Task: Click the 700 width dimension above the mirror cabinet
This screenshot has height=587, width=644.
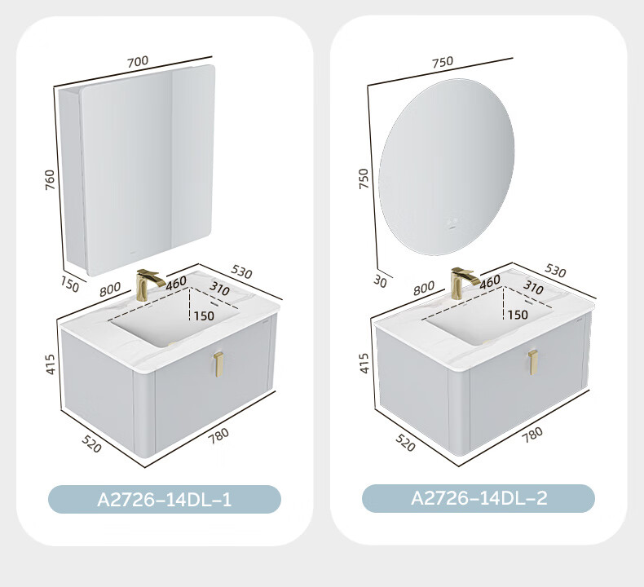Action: coord(138,62)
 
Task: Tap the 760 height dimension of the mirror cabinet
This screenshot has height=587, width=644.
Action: coord(49,180)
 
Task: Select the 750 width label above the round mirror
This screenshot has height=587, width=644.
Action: coord(443,62)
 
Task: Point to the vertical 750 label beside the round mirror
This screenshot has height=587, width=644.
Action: coord(364,179)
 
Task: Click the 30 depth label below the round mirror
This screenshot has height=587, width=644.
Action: coord(381,281)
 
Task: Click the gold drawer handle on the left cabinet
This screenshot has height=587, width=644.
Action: coord(218,364)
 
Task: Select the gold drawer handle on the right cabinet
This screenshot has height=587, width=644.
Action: coord(532,362)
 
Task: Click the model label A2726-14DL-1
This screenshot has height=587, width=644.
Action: coord(165,500)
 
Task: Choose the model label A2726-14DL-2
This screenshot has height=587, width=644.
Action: coord(479,498)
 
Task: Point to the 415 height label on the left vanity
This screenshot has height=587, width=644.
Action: coord(50,364)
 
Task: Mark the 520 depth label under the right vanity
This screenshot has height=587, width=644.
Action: coord(405,443)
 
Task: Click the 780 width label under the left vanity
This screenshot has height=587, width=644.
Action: coord(218,435)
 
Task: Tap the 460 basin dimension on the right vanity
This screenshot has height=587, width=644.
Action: coord(490,281)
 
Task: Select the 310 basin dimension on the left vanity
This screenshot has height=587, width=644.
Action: coord(219,288)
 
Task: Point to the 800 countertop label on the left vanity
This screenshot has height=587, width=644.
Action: coord(110,289)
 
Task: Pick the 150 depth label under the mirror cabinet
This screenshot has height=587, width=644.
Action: coord(70,285)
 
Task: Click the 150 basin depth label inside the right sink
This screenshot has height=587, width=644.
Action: coord(518,315)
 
